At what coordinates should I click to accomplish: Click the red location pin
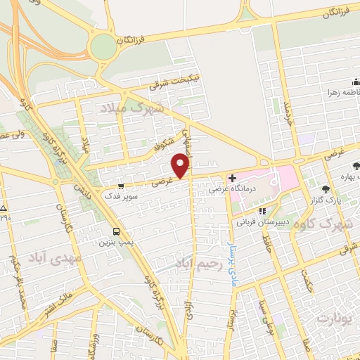(181, 165)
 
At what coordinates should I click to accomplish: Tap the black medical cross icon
(232, 178)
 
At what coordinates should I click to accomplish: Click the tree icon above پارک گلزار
(326, 188)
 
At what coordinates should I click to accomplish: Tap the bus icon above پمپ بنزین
(116, 231)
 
